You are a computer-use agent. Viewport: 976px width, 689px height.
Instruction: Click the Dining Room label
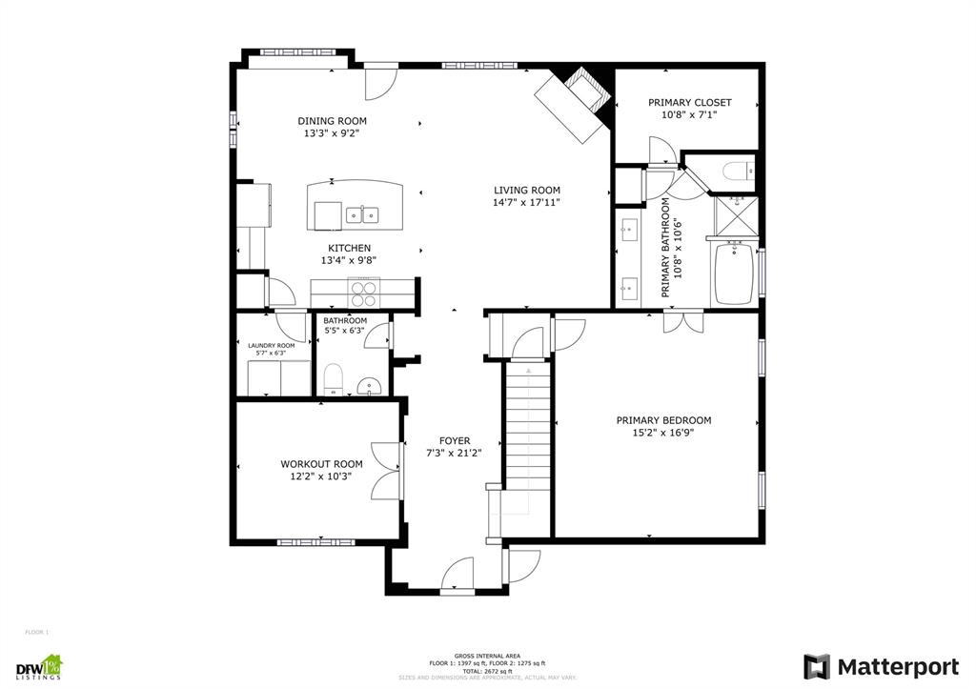pos(332,121)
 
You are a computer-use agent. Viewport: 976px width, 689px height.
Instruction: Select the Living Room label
pos(526,190)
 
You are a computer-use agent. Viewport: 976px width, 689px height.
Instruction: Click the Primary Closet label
pos(689,102)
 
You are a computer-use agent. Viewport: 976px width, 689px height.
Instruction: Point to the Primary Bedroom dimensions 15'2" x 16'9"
pos(663,432)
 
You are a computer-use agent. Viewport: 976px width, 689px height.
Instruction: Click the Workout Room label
pos(321,464)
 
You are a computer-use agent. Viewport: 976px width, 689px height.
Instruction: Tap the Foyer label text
pos(454,440)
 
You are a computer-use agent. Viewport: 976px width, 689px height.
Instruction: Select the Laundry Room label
pos(272,345)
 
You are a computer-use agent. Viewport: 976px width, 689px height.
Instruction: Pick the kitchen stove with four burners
pos(364,289)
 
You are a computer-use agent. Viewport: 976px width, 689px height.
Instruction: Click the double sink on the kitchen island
pos(363,214)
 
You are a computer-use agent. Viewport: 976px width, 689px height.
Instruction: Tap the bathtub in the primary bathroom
pos(734,274)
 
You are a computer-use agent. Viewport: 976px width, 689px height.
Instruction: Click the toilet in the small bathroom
pos(333,379)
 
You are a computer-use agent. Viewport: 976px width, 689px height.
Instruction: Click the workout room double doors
pos(386,472)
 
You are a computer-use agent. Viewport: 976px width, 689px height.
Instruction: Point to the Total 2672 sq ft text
pos(487,671)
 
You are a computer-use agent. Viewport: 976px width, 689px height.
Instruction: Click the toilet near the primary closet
pos(738,172)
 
